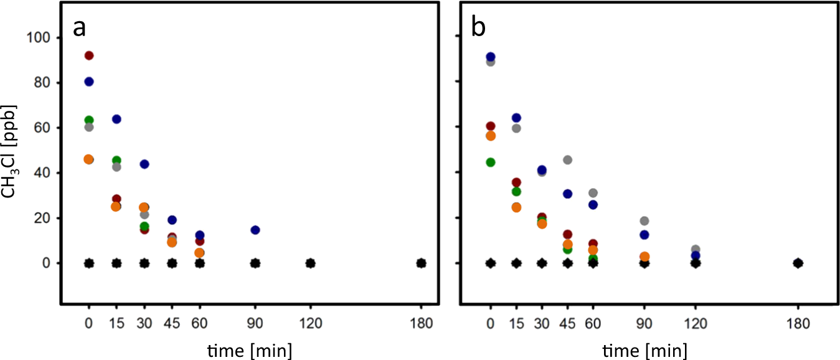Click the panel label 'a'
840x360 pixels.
pyautogui.click(x=80, y=28)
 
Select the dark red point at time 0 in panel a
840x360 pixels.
pyautogui.click(x=89, y=55)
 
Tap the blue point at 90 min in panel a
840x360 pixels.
pyautogui.click(x=255, y=230)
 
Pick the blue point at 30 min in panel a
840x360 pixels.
pyautogui.click(x=144, y=164)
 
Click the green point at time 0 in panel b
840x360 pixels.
pyautogui.click(x=491, y=162)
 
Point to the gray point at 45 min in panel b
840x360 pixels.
pyautogui.click(x=567, y=159)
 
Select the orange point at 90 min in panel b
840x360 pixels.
pyautogui.click(x=644, y=257)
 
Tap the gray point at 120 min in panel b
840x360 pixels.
pyautogui.click(x=696, y=249)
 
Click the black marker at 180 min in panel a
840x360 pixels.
pyautogui.click(x=421, y=263)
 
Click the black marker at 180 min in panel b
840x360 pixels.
pyautogui.click(x=798, y=263)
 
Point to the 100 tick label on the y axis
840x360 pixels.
pyautogui.click(x=39, y=38)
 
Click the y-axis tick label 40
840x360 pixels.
pyautogui.click(x=42, y=173)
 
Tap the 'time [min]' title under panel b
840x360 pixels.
pyautogui.click(x=644, y=350)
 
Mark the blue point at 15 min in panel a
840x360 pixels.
pyautogui.click(x=116, y=119)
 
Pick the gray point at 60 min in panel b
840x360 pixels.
pyautogui.click(x=593, y=193)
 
